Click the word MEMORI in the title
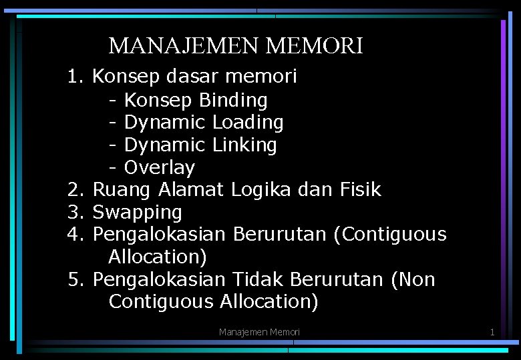pyautogui.click(x=314, y=46)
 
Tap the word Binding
pyautogui.click(x=233, y=101)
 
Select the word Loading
pyautogui.click(x=248, y=123)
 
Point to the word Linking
pyautogui.click(x=244, y=145)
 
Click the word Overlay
pyautogui.click(x=160, y=167)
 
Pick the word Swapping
pyautogui.click(x=137, y=213)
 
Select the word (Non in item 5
pyautogui.click(x=414, y=279)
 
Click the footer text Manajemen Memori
pyautogui.click(x=260, y=332)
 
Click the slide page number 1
pyautogui.click(x=492, y=332)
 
